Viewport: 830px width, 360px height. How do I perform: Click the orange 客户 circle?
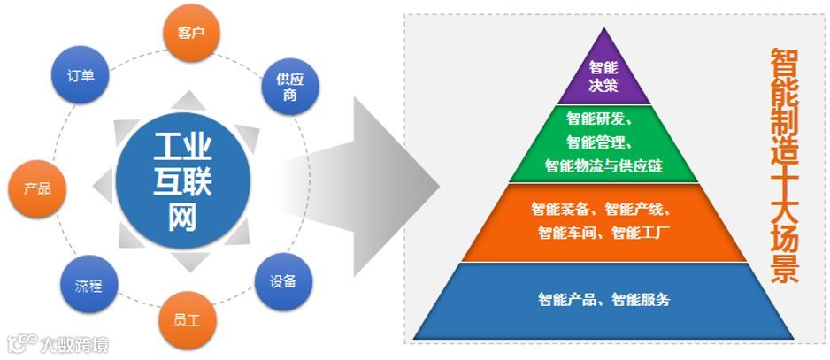pyautogui.click(x=191, y=34)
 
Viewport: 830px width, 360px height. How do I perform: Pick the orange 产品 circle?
pyautogui.click(x=36, y=188)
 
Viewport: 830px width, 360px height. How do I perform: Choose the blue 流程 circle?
pyautogui.click(x=88, y=285)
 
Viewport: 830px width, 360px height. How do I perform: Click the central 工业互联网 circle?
pyautogui.click(x=183, y=180)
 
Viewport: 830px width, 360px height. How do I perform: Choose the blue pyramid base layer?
pyautogui.click(x=604, y=300)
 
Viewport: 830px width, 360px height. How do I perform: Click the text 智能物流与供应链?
pyautogui.click(x=604, y=165)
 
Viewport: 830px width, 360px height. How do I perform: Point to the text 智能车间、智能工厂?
pyautogui.click(x=604, y=234)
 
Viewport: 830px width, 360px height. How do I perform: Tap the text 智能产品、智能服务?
pyautogui.click(x=604, y=300)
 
